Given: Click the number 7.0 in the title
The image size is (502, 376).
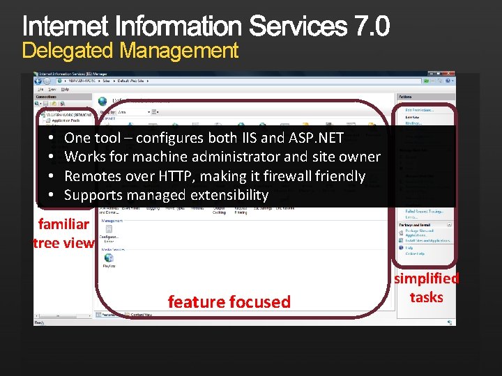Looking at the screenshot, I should (x=372, y=26).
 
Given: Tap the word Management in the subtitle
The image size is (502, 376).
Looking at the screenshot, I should (x=179, y=51).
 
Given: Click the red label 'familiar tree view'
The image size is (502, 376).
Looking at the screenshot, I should (x=63, y=233).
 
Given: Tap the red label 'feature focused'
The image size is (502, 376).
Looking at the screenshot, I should (x=229, y=301).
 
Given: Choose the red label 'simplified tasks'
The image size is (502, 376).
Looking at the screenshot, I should (x=426, y=288).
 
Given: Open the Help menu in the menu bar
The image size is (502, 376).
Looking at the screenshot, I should (x=65, y=89).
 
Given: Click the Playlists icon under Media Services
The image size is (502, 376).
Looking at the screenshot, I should (x=109, y=258).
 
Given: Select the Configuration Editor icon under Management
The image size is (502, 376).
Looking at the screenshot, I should (x=109, y=231).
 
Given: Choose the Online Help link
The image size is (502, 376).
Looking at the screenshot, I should (x=415, y=254).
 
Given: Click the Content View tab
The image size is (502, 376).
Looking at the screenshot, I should (x=141, y=315).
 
